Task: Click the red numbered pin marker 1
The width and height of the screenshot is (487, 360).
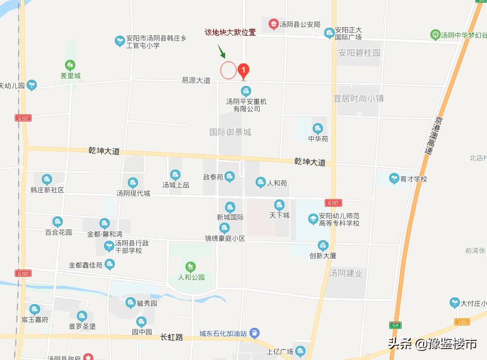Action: [x=243, y=71]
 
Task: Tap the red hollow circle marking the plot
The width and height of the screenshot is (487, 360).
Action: [x=228, y=70]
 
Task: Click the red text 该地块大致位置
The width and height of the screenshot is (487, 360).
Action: [x=230, y=32]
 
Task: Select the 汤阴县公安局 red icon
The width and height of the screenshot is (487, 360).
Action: [x=274, y=24]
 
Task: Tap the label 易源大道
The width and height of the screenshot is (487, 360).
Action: [x=196, y=81]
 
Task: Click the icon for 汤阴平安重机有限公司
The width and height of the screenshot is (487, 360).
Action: [x=246, y=90]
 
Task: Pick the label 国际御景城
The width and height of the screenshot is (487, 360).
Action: [x=230, y=132]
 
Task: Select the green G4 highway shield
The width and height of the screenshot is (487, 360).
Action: [x=394, y=325]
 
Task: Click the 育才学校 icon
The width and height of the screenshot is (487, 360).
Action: [x=394, y=179]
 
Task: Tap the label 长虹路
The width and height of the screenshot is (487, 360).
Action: [x=172, y=337]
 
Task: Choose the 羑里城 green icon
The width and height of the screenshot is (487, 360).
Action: [x=70, y=65]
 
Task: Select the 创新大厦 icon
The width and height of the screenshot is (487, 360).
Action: [x=323, y=245]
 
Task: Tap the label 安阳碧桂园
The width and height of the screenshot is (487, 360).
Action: [x=359, y=53]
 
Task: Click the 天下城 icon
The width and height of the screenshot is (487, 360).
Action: [x=279, y=205]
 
